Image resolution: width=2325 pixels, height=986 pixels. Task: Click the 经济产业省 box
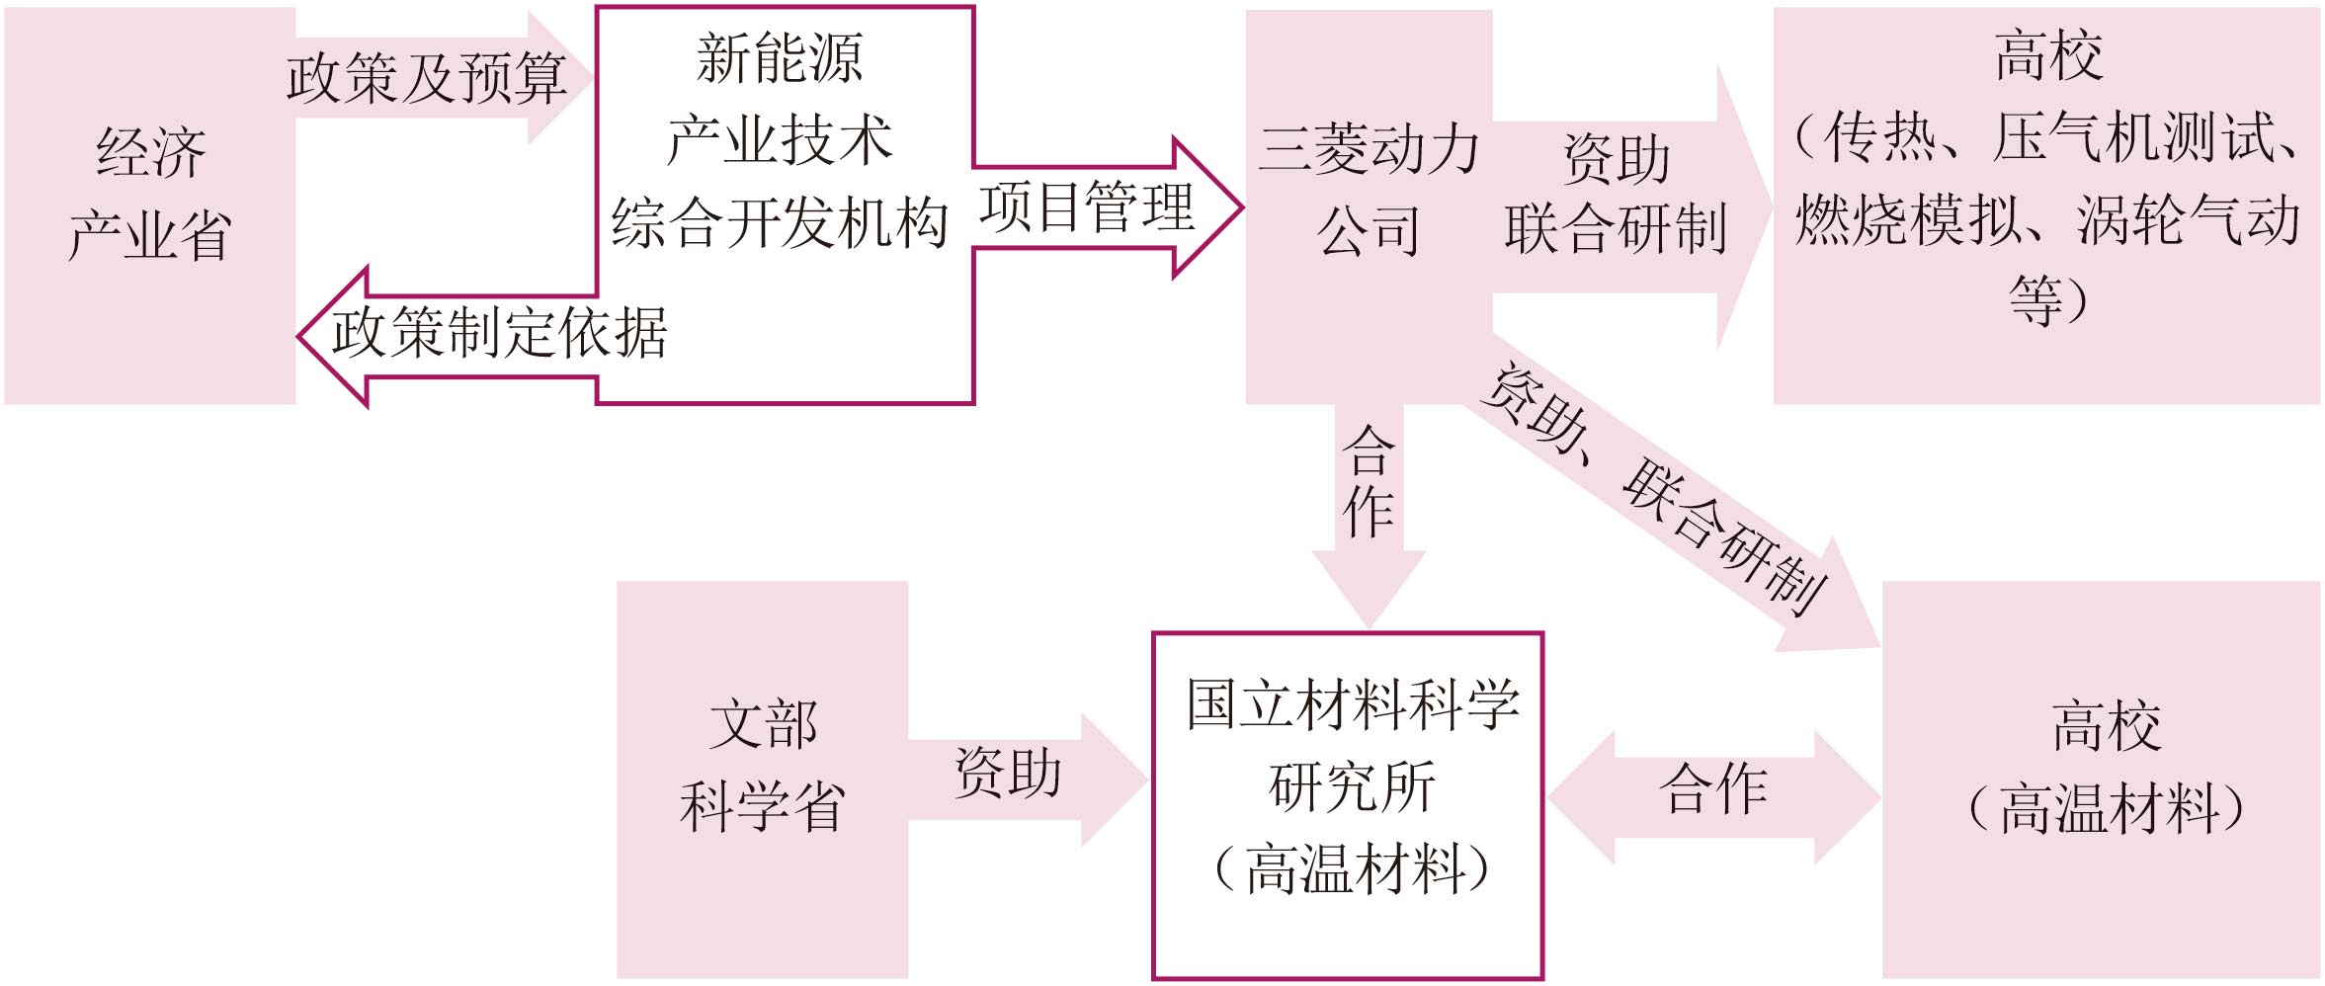coord(150,205)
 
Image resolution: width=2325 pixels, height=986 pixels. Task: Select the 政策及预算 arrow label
coord(426,79)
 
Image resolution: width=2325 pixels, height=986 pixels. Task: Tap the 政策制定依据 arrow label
coord(499,332)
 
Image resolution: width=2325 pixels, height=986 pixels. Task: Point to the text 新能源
coord(780,57)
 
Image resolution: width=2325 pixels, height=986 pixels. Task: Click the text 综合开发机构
coord(780,222)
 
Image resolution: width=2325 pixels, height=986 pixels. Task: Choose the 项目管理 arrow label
coord(1087,207)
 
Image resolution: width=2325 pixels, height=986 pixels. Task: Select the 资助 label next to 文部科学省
coord(1008,773)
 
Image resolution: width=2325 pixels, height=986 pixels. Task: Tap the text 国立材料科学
coord(1352,705)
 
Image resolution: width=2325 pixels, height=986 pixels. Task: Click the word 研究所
coord(1352,787)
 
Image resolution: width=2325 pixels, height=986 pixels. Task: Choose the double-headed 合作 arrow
coord(1713,789)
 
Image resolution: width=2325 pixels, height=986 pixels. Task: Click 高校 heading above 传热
coord(2047,55)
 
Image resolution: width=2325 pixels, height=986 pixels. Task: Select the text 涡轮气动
coord(2188,219)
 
